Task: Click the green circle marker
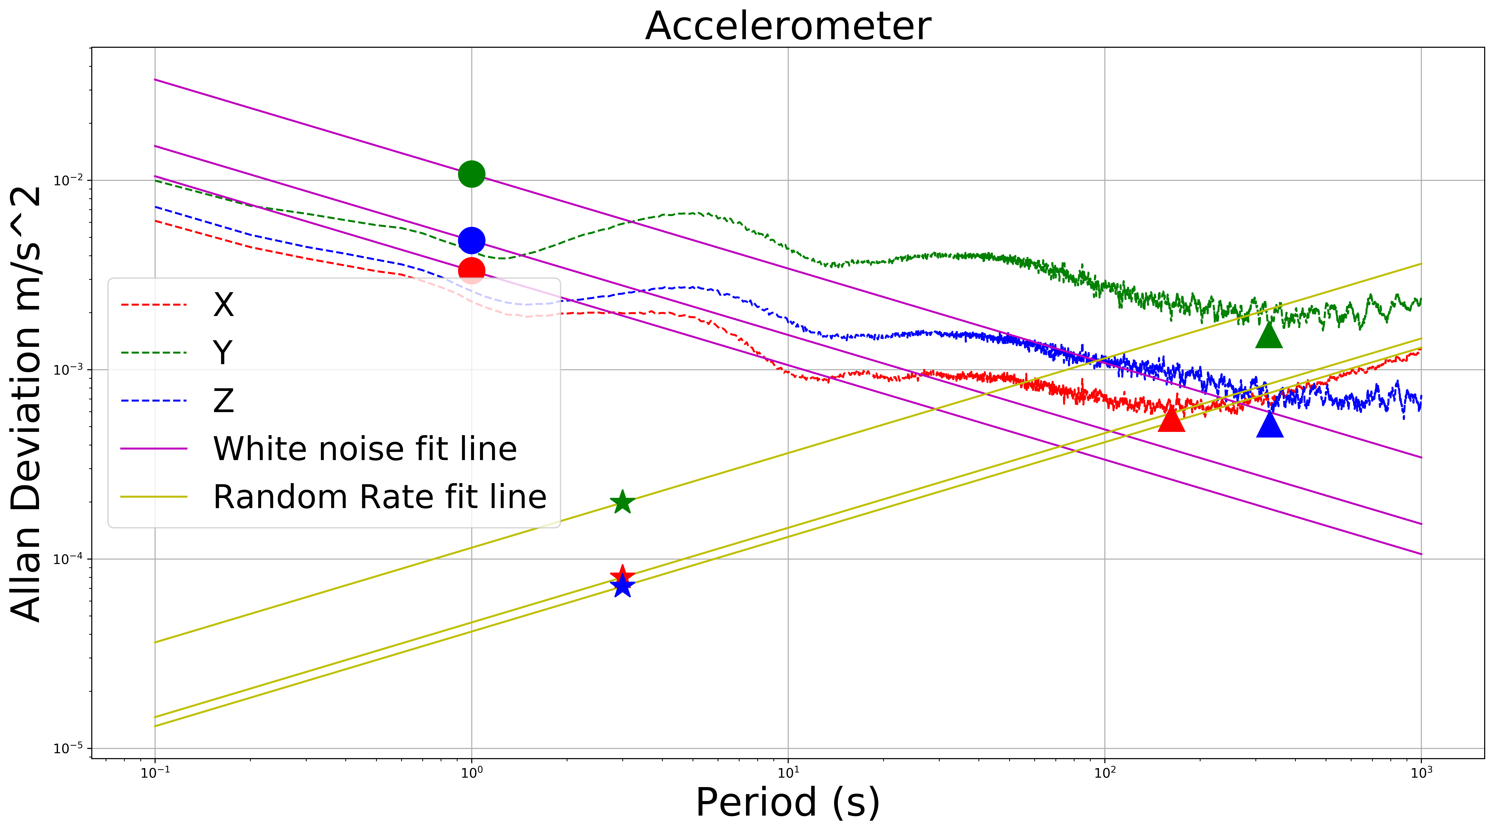pos(472,174)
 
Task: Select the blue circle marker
pos(472,240)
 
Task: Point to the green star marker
pos(622,502)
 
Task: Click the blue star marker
pos(622,586)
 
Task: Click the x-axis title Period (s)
pos(788,803)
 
